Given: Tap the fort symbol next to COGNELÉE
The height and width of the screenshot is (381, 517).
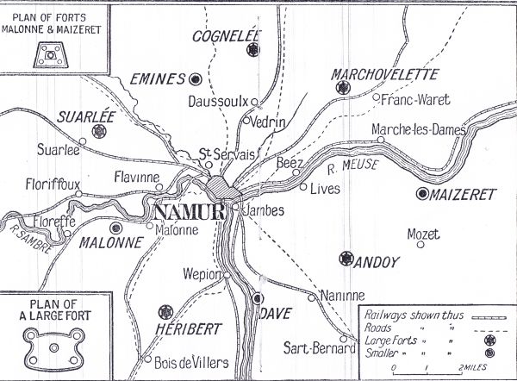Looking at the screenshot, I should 252,51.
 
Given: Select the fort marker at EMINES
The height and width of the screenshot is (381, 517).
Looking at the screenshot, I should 196,79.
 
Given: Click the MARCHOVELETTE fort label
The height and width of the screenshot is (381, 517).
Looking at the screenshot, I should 385,75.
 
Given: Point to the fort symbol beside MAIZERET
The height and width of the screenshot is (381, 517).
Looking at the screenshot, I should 422,195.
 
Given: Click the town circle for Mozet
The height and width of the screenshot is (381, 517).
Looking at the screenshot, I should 420,245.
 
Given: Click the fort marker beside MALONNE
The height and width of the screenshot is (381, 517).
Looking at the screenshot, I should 115,228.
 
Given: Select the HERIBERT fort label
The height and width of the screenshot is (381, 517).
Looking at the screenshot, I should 185,328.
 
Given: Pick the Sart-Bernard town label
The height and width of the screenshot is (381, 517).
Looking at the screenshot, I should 318,349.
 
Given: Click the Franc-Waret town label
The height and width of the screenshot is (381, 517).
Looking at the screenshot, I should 408,99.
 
